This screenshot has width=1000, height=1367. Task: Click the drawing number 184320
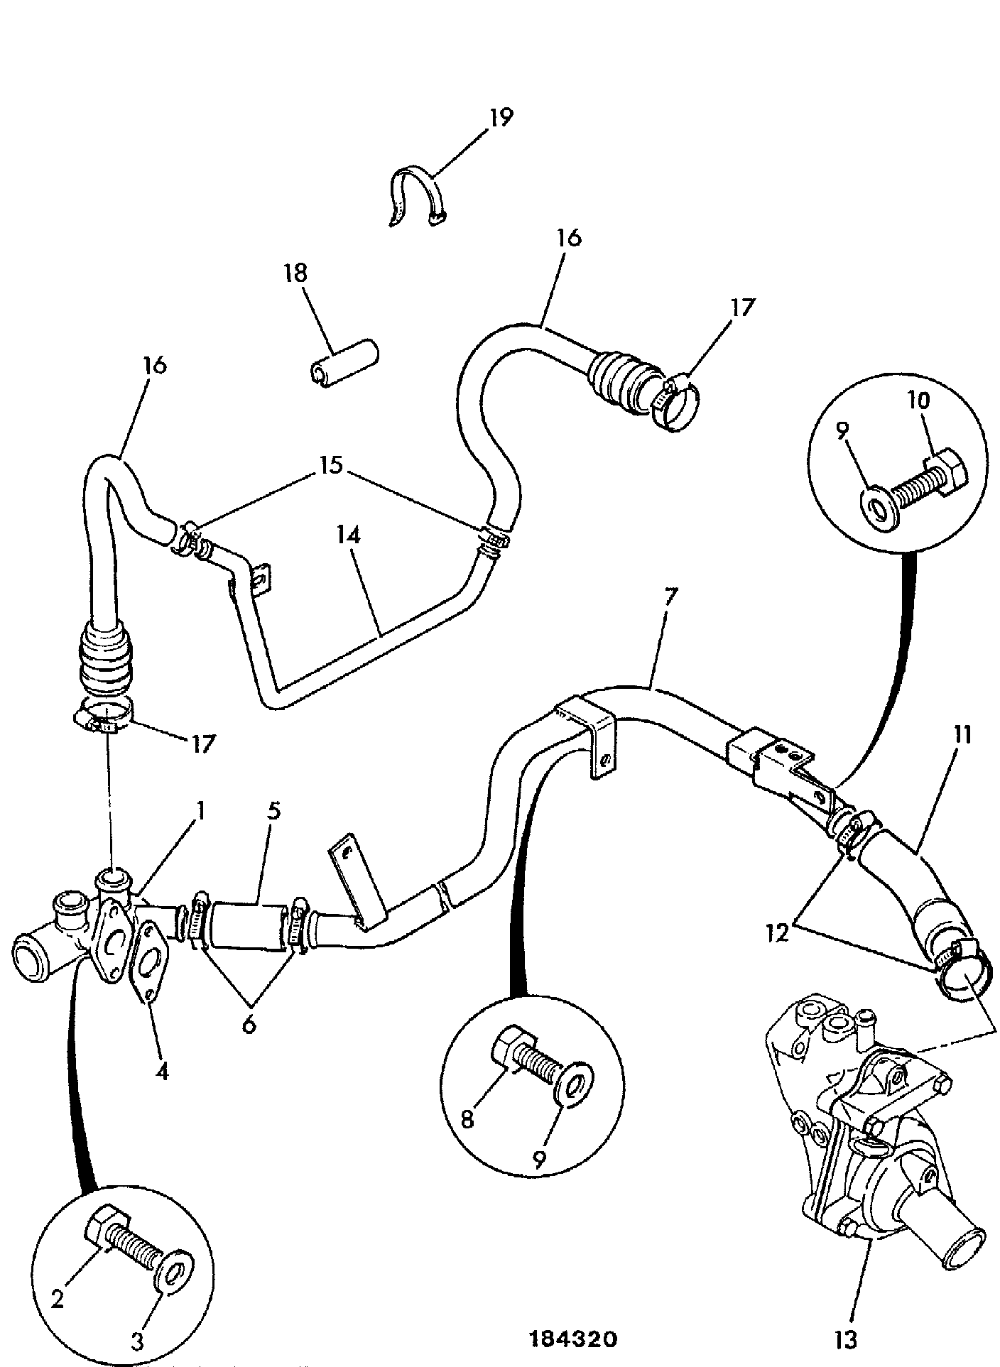[x=574, y=1339]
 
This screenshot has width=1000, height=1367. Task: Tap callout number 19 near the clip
[x=500, y=117]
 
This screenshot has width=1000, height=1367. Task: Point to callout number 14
[x=349, y=535]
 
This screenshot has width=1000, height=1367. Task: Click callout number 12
[x=778, y=932]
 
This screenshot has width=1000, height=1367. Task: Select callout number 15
[x=332, y=466]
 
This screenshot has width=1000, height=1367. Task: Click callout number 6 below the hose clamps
[x=248, y=1025]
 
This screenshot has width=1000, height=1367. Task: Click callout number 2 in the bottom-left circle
[x=58, y=1298]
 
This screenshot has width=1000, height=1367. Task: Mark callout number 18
[x=295, y=273]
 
